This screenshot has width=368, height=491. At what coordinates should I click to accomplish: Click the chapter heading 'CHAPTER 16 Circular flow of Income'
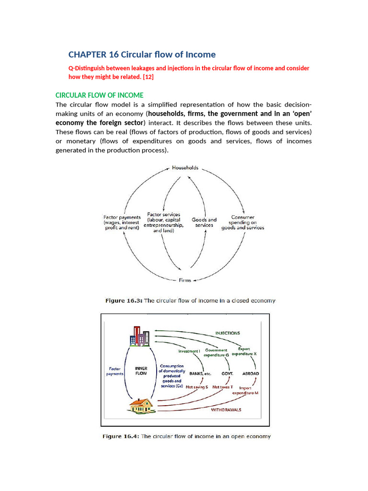(x=142, y=54)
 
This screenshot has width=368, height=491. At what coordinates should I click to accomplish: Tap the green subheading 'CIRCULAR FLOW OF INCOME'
(x=99, y=95)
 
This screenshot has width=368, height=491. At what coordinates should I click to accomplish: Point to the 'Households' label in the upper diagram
(x=185, y=168)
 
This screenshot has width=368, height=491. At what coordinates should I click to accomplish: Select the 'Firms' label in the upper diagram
(x=184, y=280)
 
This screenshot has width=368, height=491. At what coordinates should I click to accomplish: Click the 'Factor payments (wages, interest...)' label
(x=122, y=222)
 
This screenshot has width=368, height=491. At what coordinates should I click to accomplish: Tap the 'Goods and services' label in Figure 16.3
(x=204, y=222)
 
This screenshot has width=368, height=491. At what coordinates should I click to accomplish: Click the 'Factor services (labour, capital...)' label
(x=164, y=222)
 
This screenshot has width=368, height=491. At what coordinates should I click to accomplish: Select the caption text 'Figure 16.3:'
(x=124, y=301)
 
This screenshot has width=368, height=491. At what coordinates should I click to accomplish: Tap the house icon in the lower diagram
(x=140, y=406)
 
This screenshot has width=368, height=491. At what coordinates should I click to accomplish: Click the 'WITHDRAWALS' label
(x=226, y=410)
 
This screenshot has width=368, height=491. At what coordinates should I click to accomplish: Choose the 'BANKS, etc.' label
(x=200, y=374)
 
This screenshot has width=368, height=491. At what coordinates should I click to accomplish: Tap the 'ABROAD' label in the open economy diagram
(x=251, y=374)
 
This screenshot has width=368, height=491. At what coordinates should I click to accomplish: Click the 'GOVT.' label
(x=227, y=374)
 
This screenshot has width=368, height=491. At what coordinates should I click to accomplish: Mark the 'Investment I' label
(x=189, y=351)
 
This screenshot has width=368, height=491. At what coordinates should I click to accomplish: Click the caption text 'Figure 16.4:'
(x=122, y=436)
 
